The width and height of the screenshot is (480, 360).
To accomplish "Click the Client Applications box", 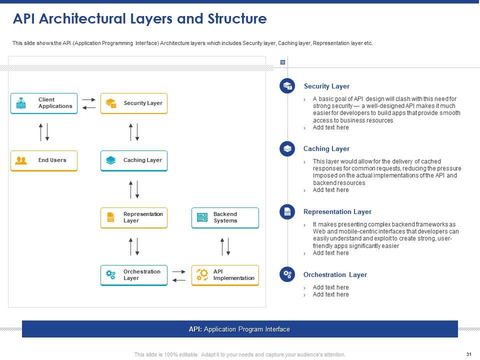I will tap(44, 103).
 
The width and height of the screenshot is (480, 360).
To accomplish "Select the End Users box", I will tap(44, 160).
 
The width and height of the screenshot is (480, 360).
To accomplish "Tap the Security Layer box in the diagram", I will tap(134, 103).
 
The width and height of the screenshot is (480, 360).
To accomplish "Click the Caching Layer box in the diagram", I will tap(134, 160).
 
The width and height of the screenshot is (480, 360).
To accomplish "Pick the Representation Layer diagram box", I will tap(134, 217).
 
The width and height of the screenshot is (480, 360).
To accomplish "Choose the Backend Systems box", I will tap(225, 217).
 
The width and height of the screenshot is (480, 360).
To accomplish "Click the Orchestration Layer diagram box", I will tap(134, 275).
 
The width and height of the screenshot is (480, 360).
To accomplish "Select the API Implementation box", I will tap(225, 275).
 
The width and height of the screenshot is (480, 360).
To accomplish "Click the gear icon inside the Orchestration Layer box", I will tap(111, 274).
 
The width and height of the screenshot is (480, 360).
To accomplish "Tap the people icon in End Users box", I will tap(21, 160).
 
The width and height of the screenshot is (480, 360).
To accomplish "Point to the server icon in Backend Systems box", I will tap(202, 217).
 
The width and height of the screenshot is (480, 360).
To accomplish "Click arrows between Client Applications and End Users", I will tap(44, 131).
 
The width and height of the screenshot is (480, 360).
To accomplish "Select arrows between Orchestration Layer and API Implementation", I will tap(179, 275).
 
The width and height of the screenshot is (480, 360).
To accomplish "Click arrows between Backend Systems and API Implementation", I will tap(225, 246).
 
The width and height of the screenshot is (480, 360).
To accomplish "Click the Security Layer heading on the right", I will tap(326, 86).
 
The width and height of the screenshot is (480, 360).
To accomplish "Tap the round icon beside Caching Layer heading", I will tap(287, 148).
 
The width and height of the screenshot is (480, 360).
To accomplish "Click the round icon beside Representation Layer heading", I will tap(287, 211).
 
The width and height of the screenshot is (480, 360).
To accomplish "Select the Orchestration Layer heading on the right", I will tap(335, 274).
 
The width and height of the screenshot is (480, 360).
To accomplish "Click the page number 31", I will tap(468, 354).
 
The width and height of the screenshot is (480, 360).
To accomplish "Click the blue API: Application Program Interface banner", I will tap(239, 329).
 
